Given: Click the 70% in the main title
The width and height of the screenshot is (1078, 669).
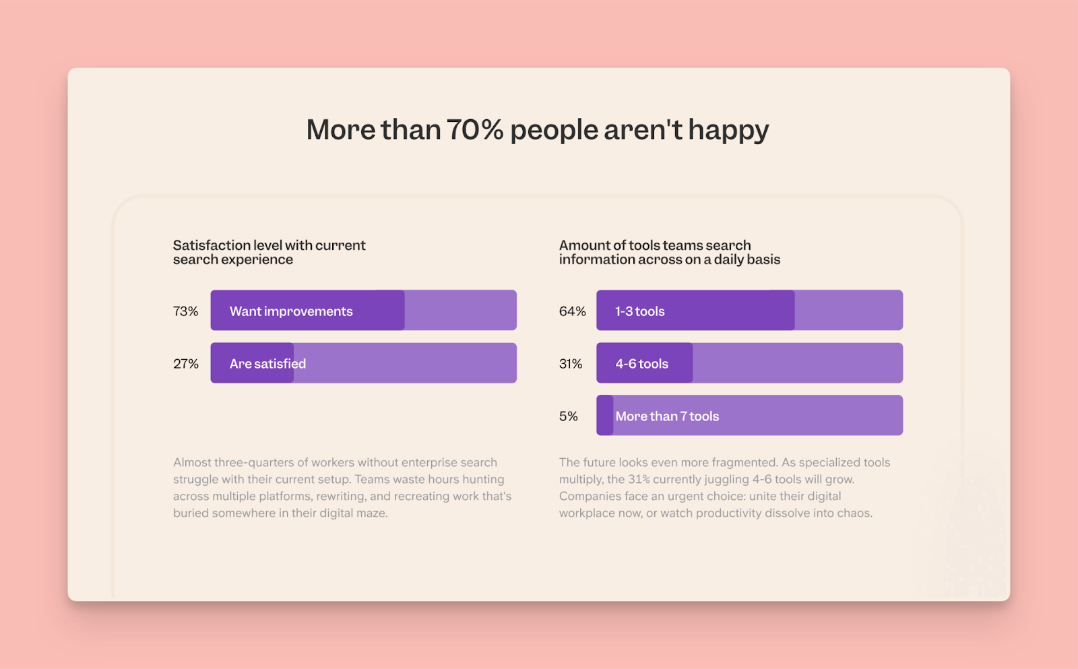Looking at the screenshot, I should click(x=474, y=130).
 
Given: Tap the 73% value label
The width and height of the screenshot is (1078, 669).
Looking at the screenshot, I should click(x=185, y=311).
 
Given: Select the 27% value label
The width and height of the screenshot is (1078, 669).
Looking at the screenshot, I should click(x=185, y=364).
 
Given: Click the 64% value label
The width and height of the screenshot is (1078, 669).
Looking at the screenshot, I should click(x=572, y=311).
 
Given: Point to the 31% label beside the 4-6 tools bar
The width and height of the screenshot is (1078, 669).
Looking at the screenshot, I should click(x=570, y=364).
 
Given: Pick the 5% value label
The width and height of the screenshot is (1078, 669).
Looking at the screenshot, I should click(x=568, y=416).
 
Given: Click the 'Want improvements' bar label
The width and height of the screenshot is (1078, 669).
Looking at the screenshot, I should click(x=291, y=311).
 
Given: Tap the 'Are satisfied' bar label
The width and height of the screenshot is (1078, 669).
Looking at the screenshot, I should click(x=267, y=364).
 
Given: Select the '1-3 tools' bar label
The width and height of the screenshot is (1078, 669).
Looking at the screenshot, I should click(x=639, y=311).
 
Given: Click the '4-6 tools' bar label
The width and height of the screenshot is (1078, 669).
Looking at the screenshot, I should click(x=641, y=364).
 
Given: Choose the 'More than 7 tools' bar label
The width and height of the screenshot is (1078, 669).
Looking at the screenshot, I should click(x=667, y=416).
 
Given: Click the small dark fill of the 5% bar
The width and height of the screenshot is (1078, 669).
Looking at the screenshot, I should click(x=605, y=415).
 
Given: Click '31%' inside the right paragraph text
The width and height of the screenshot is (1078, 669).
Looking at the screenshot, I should click(x=639, y=480).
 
